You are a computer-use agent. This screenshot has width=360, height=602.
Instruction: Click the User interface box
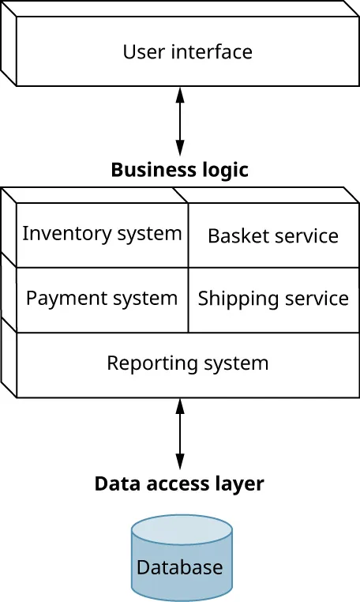pos(188,52)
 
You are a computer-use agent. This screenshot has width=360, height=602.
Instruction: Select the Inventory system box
pos(102,235)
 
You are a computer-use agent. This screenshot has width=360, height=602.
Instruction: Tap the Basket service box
pos(273,235)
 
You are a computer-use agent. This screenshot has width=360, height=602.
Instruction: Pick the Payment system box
pos(102,299)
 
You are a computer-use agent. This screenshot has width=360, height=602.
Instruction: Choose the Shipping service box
pos(273,299)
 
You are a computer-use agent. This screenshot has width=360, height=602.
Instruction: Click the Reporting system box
pos(188,364)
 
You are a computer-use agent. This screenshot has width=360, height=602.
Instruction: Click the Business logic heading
pos(179,170)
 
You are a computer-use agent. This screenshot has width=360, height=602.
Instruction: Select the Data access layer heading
pos(179,483)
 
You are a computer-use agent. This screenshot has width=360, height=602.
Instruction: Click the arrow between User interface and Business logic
pos(180,121)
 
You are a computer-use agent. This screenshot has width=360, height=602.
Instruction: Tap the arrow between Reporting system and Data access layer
pos(180,435)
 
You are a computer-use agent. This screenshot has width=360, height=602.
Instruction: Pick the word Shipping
pos(231,299)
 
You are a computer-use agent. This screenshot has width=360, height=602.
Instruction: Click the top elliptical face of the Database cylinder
pos(182,528)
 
